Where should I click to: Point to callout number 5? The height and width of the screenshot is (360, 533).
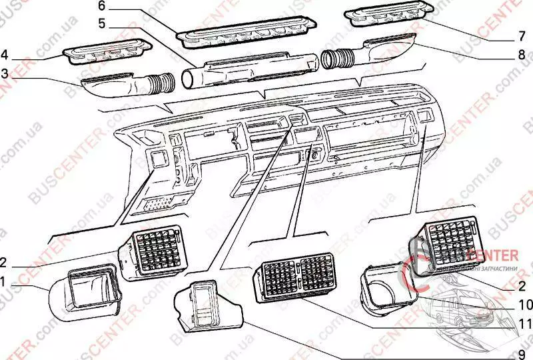(101, 23)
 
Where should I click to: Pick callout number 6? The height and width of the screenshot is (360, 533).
(101, 6)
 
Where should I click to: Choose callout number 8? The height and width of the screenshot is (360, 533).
(522, 56)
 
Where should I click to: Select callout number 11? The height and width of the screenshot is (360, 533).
(526, 325)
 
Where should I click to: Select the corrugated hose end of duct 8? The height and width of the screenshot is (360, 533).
(333, 59)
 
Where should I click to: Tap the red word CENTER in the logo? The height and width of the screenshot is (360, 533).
(494, 255)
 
